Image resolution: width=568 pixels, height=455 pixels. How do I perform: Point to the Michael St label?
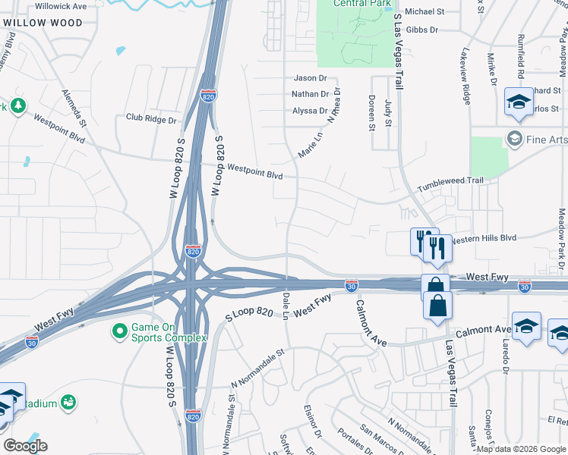(424, 12)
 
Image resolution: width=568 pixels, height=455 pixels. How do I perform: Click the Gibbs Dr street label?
(423, 30)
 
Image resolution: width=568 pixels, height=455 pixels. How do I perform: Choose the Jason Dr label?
(310, 78)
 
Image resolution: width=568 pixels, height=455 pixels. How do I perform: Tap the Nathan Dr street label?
(310, 95)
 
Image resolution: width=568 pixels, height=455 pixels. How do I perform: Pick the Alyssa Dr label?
(310, 111)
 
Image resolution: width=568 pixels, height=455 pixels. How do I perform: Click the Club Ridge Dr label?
(150, 119)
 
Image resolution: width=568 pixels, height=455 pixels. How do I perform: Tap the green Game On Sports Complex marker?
(119, 331)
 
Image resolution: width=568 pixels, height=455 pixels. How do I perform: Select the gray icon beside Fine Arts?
(515, 139)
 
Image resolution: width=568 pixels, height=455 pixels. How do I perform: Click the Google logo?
(25, 446)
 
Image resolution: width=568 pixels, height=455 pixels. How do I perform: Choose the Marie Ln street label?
(311, 144)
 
